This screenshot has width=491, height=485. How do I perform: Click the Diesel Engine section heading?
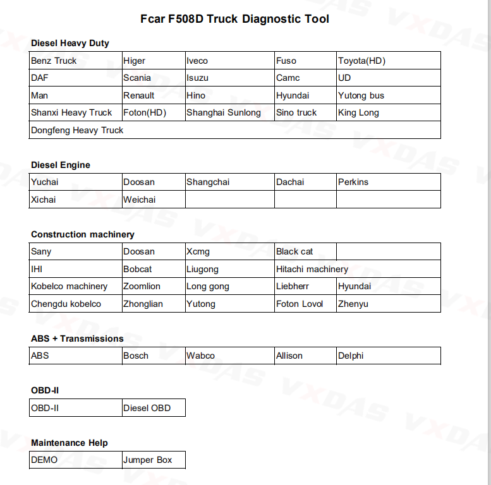coord(61,165)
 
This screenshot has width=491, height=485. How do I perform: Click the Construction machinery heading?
coord(83,234)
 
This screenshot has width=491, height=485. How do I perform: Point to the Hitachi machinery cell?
coord(312,269)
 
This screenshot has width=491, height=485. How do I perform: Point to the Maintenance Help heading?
coord(70,443)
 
